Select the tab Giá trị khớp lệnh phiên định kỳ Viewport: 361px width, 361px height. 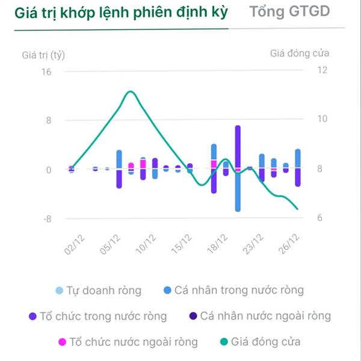tap(119, 13)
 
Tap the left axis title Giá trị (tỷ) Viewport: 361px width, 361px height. tap(43, 55)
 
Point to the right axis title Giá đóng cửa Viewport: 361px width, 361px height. tap(300, 53)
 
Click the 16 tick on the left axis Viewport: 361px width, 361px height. tap(46, 72)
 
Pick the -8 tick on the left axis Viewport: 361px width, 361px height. tap(46, 218)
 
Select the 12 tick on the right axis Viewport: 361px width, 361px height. tap(321, 70)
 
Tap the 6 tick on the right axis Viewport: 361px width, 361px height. tap(321, 218)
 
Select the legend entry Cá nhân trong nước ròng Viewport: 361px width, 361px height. tap(239, 291)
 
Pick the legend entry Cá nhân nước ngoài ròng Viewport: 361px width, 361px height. tap(265, 316)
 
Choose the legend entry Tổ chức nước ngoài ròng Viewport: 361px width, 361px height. tap(133, 342)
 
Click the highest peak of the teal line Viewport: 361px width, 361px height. tap(130, 91)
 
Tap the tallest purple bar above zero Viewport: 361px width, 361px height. tap(238, 147)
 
